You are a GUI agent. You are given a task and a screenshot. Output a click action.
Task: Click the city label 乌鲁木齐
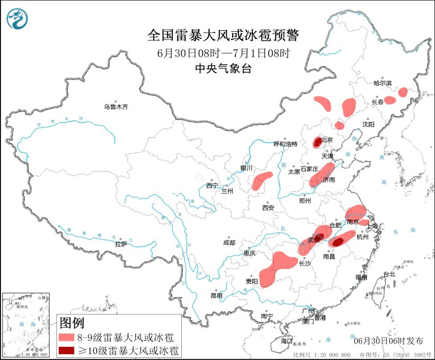pos(116,107)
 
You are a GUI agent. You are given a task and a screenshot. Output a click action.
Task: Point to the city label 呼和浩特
pos(286,144)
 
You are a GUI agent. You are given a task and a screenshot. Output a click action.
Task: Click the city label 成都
pos(229,243)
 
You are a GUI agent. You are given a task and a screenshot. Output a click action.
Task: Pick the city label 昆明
pos(217,295)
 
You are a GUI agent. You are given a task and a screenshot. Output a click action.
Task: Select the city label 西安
pos(268,208)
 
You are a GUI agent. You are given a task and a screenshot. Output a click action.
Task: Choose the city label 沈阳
pos(368,124)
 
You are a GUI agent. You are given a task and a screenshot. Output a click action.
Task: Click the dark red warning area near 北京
pos(317,142)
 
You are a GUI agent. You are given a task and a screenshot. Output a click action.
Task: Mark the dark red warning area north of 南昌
pos(337,242)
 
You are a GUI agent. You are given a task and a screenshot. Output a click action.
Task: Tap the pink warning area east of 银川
pos(261,181)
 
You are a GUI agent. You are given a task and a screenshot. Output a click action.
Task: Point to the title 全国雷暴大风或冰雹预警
pos(223,36)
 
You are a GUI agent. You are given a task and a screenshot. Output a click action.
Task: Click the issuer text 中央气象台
pos(223,67)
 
